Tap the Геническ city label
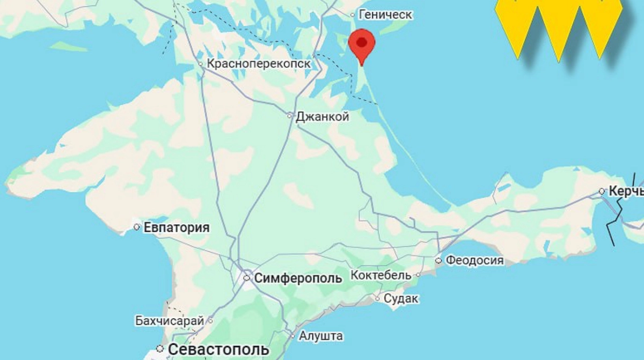click(385, 14)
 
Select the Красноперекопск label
click(259, 64)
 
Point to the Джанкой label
click(322, 116)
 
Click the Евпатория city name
click(177, 227)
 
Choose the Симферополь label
click(298, 278)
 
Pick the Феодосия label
click(475, 261)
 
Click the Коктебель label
click(381, 275)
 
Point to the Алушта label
click(321, 336)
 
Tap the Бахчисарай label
click(169, 321)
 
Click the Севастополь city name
click(218, 350)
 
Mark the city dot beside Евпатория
click(137, 227)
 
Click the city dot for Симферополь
click(247, 278)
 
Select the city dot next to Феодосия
click(438, 260)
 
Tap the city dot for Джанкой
click(290, 115)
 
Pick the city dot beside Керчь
click(602, 191)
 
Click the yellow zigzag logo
click(559, 27)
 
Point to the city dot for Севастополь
click(159, 349)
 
